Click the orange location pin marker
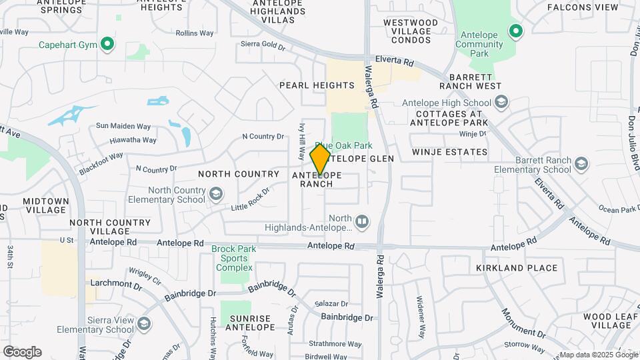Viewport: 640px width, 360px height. tap(321, 159)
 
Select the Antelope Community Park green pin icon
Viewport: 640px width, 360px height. tap(515, 31)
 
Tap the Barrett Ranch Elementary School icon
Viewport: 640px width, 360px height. tap(582, 164)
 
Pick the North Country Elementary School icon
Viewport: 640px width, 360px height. tap(215, 194)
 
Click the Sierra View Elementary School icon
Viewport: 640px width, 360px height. tap(143, 325)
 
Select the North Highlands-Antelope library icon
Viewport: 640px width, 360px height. tap(361, 220)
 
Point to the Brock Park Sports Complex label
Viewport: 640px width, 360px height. tap(232, 259)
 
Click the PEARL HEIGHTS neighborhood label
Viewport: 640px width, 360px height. tap(317, 85)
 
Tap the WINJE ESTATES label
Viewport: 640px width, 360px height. tap(449, 152)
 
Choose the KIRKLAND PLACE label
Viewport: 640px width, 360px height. tap(517, 268)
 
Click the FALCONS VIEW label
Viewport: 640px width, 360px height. tap(583, 7)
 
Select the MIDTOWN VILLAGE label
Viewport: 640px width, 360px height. tap(45, 205)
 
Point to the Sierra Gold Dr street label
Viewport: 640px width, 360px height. tap(263, 47)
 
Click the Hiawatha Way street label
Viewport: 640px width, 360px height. tap(135, 140)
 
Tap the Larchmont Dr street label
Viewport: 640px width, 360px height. tap(115, 286)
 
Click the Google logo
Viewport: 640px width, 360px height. tap(22, 351)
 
